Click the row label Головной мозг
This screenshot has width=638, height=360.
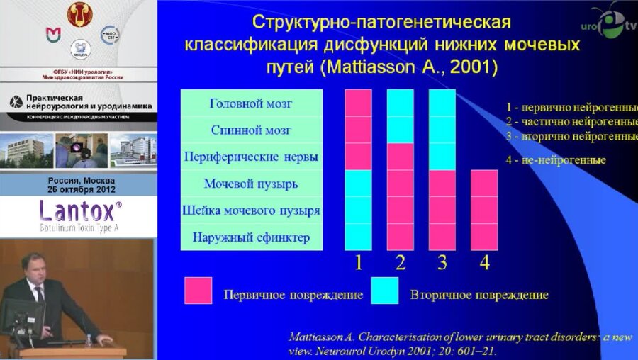pyautogui.click(x=251, y=103)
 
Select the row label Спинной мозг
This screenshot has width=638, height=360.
pyautogui.click(x=251, y=130)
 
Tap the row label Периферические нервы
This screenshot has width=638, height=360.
pyautogui.click(x=251, y=157)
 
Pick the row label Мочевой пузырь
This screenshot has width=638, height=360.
pyautogui.click(x=251, y=184)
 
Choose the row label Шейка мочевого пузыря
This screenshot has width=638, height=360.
pyautogui.click(x=251, y=210)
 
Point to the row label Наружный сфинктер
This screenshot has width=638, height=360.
pyautogui.click(x=251, y=237)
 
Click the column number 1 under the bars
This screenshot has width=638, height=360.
pyautogui.click(x=358, y=263)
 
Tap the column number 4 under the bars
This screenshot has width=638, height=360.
pyautogui.click(x=484, y=263)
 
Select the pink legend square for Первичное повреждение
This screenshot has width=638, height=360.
pyautogui.click(x=198, y=291)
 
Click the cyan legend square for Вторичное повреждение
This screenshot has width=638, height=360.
pyautogui.click(x=384, y=291)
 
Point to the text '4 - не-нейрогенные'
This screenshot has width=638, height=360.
pyautogui.click(x=556, y=160)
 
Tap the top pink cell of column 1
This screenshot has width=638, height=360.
pyautogui.click(x=358, y=103)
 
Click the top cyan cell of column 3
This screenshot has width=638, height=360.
pyautogui.click(x=442, y=103)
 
